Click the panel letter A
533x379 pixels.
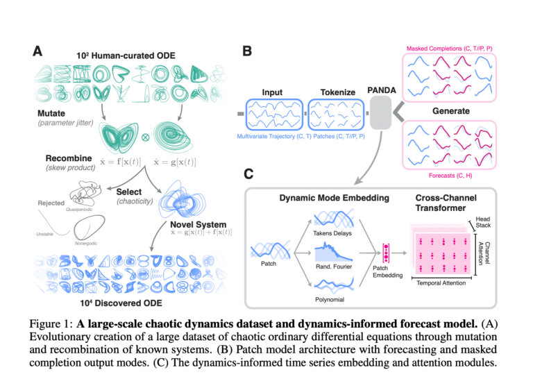37,51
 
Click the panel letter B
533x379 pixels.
247,51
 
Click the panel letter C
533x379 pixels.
248,174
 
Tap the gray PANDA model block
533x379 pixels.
380,112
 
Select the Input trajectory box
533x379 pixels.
274,115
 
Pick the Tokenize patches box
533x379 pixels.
336,115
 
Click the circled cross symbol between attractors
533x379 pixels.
145,137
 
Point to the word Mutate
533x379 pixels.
51,113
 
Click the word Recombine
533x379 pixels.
69,158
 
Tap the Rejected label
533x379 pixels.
51,203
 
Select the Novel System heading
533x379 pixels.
198,225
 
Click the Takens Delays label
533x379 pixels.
332,233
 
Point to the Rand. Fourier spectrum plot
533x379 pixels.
333,251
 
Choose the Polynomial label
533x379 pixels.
330,299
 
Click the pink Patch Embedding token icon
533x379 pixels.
386,253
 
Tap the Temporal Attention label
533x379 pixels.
441,283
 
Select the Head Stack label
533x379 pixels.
483,222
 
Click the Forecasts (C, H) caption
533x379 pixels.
450,176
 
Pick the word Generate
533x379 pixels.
450,111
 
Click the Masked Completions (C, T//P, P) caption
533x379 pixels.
450,49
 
